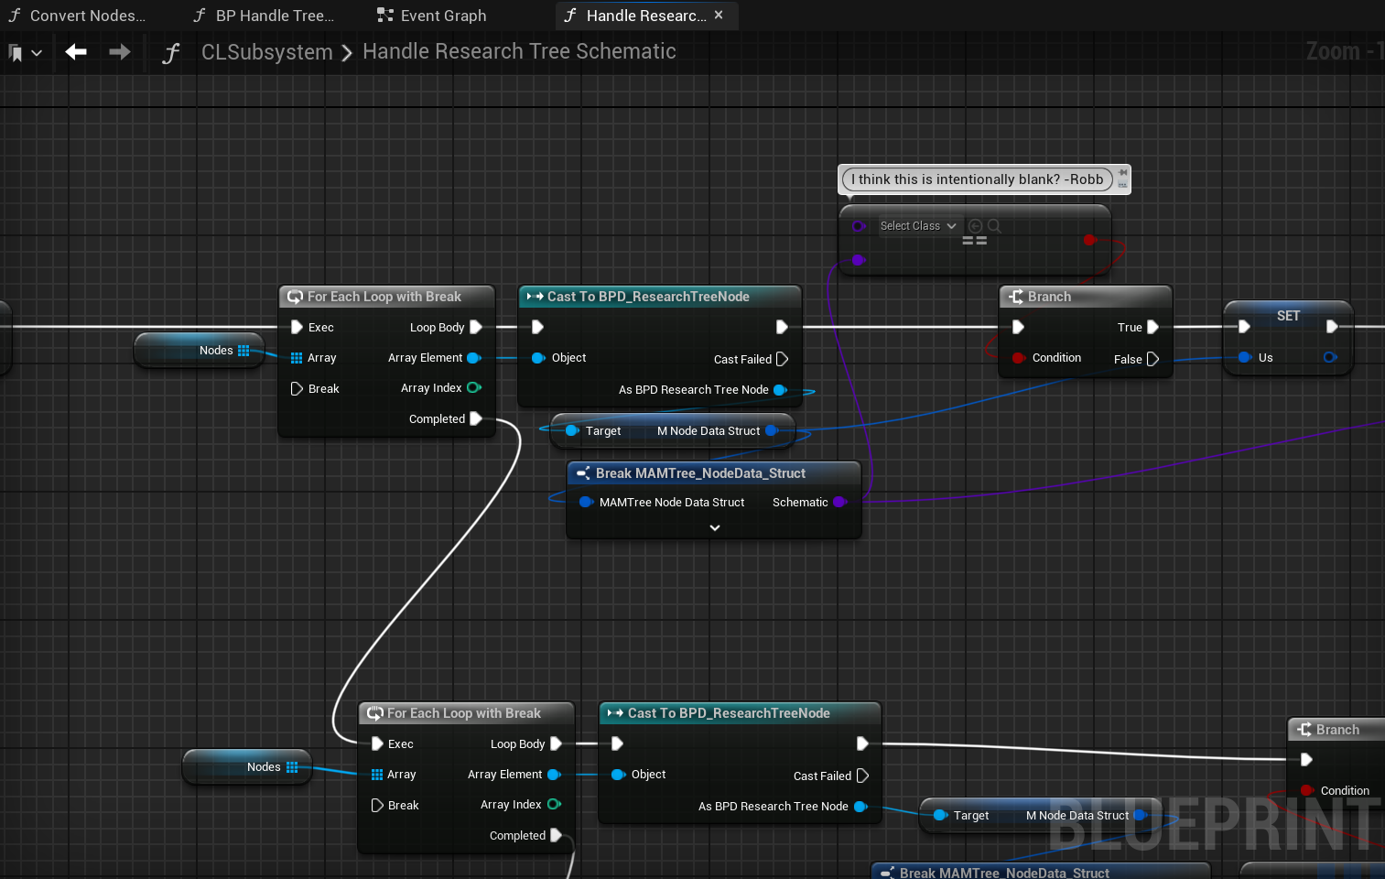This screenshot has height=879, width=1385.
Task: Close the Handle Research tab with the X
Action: [719, 15]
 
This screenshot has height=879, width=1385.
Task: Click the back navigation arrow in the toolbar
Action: [76, 52]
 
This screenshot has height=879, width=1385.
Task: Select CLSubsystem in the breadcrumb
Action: [266, 52]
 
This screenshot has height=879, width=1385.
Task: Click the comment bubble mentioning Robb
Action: [977, 179]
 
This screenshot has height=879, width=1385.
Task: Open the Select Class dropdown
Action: [918, 226]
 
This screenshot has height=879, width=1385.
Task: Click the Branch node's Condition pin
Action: [1018, 358]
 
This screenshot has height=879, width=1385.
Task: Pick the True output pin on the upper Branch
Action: [1152, 327]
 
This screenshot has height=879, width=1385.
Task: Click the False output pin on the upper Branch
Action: [1152, 359]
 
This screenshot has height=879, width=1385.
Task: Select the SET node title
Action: [1288, 316]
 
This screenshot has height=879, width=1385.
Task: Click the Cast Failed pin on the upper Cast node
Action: [782, 359]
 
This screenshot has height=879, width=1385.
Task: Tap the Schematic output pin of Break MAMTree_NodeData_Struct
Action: [839, 502]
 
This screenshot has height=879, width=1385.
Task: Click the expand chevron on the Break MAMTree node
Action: [715, 528]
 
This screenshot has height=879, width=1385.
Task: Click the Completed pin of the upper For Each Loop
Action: [476, 418]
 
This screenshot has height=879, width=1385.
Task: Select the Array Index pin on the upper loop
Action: [473, 388]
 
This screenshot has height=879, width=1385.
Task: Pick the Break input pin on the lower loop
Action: [377, 806]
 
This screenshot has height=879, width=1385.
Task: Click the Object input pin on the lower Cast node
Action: [618, 775]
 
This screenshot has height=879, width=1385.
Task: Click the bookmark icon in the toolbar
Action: [16, 53]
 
